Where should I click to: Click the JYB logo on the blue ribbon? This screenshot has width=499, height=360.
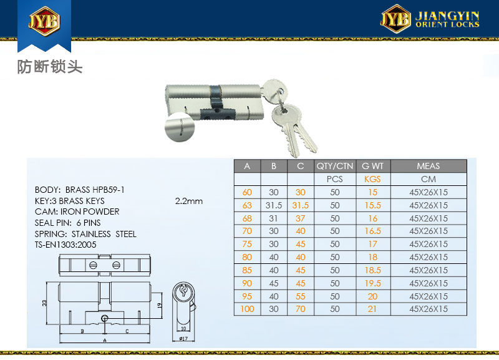pyautogui.click(x=44, y=21)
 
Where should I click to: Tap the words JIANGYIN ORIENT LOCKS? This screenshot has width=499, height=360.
pyautogui.click(x=447, y=19)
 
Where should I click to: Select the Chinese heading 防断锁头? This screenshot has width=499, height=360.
pyautogui.click(x=50, y=67)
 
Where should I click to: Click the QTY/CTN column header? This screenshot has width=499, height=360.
pyautogui.click(x=335, y=166)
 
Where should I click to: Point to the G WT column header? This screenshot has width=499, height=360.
pyautogui.click(x=372, y=166)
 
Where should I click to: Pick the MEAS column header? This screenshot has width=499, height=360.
pyautogui.click(x=429, y=166)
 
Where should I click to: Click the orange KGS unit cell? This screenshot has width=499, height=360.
pyautogui.click(x=372, y=179)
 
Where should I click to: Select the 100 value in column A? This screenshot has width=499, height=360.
pyautogui.click(x=247, y=309)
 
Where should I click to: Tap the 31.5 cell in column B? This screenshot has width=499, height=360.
pyautogui.click(x=274, y=205)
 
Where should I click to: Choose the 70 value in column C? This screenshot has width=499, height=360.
pyautogui.click(x=301, y=309)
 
